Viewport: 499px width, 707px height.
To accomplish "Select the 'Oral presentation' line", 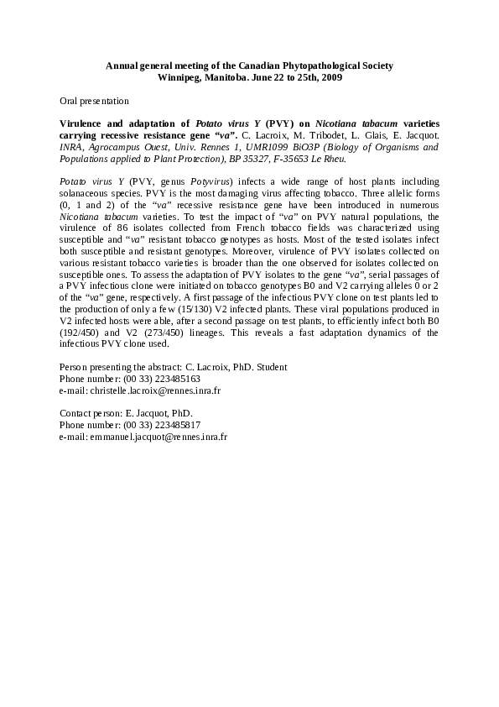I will point(94,101).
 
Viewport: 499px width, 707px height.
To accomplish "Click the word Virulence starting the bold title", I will point(84,123).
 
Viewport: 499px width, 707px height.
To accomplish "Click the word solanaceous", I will point(83,193).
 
